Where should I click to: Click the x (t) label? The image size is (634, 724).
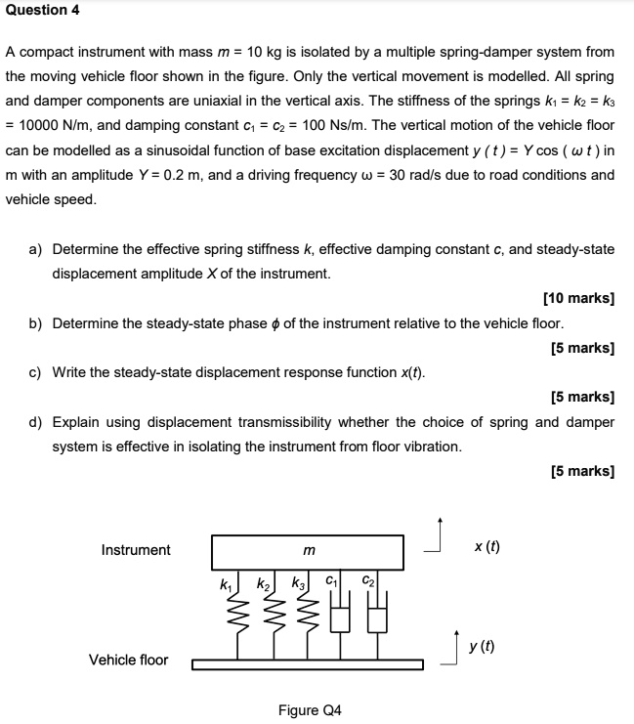coord(486,547)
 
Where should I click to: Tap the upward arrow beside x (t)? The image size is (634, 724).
coord(441,535)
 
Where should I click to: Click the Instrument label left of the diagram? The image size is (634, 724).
coord(136,550)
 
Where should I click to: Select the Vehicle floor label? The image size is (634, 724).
coord(128,660)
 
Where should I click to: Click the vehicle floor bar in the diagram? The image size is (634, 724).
coord(308,665)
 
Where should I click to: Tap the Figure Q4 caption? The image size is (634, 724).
coord(310,709)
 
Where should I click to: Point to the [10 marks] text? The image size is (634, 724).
coord(577,299)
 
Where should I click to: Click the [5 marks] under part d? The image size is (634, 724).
coord(582,471)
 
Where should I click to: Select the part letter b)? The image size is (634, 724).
coord(36,322)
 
